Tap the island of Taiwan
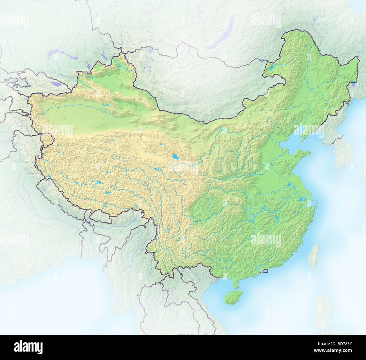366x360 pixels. [314, 256]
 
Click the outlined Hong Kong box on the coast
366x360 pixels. [265, 271]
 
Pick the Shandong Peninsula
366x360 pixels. [298, 157]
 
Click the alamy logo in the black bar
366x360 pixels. [28, 347]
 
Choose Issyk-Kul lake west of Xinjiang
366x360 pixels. [58, 84]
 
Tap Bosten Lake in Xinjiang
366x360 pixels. [107, 105]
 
